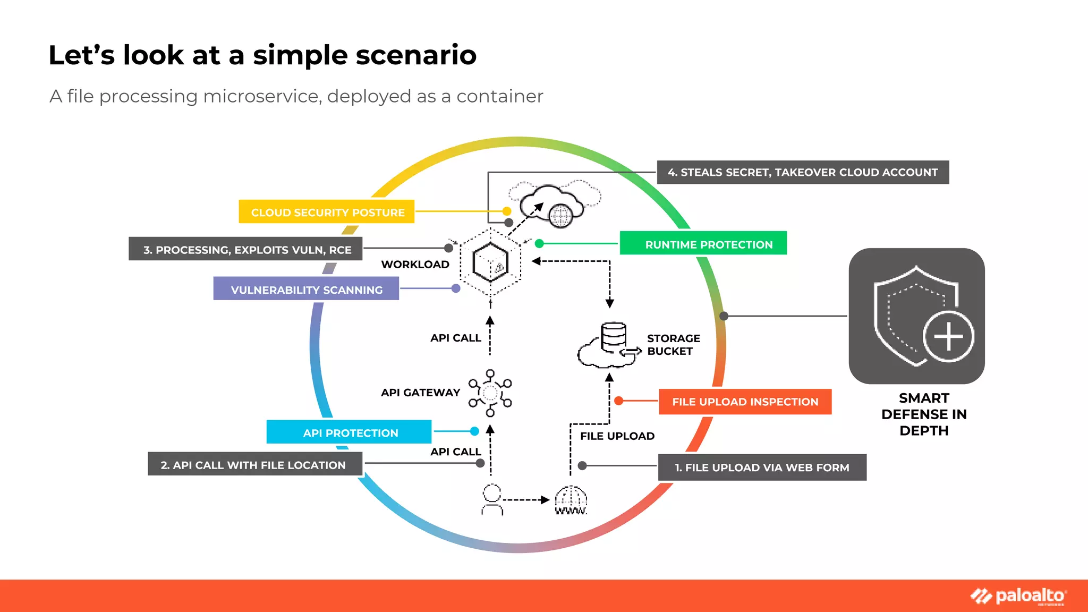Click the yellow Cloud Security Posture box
point(327,212)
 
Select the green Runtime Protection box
point(703,244)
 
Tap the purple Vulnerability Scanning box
point(306,289)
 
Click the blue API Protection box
point(349,432)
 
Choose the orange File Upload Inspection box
point(745,402)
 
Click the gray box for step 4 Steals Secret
point(802,172)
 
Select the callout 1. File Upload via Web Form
point(762,467)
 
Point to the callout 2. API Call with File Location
point(254,464)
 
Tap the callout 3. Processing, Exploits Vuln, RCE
point(245,249)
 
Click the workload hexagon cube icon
point(490,262)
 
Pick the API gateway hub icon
point(490,393)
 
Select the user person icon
point(492,500)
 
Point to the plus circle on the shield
point(948,337)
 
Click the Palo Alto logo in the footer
point(1018,596)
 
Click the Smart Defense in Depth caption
point(924,414)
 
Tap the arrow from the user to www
point(526,500)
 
